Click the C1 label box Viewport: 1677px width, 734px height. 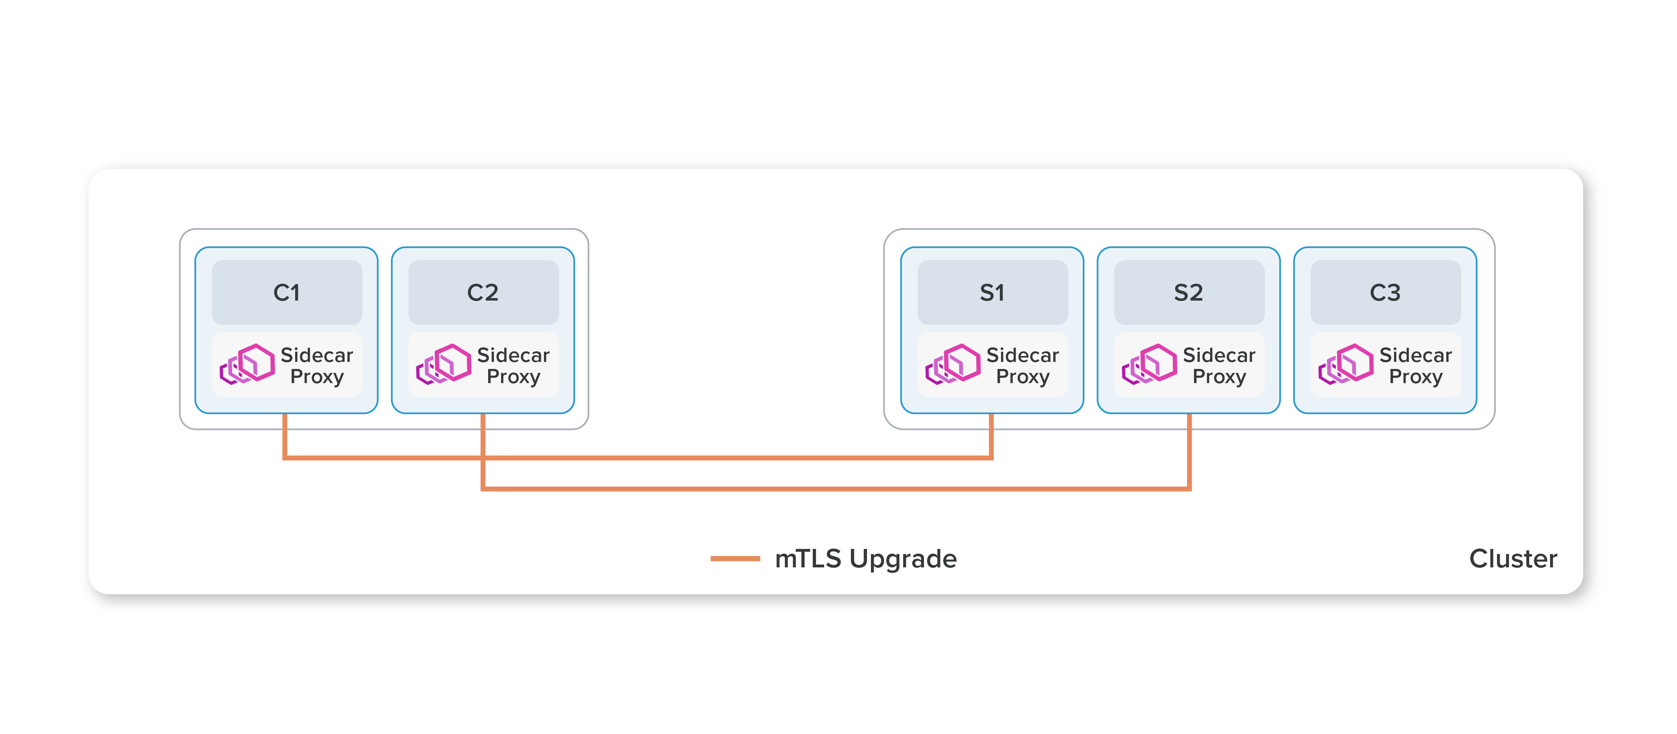(287, 292)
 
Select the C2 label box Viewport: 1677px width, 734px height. (483, 292)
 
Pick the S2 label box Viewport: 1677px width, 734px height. (1189, 292)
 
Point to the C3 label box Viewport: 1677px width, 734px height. (1385, 292)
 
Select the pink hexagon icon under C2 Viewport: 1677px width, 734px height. (445, 364)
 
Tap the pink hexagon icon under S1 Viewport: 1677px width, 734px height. (954, 364)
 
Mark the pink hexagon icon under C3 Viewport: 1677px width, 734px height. (1347, 364)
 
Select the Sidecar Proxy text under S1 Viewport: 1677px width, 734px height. (1023, 366)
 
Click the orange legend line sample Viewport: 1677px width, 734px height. (735, 558)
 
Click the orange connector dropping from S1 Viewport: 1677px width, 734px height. (992, 436)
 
